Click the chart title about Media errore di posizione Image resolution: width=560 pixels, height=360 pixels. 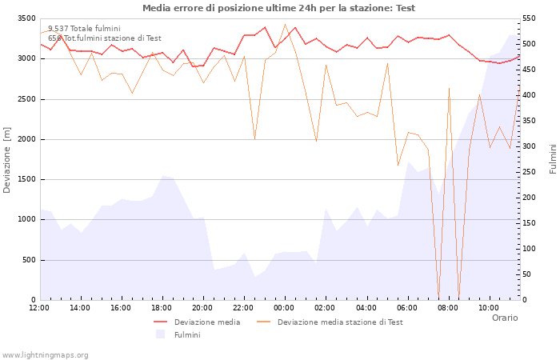[x=278, y=8]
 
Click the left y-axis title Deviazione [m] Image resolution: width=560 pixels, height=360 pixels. [x=7, y=159]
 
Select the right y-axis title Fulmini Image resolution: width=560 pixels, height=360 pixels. [x=552, y=159]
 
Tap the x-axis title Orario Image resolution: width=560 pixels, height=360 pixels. [x=504, y=318]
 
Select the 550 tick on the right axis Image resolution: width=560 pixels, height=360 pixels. [x=530, y=18]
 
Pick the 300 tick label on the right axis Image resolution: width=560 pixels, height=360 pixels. [x=530, y=146]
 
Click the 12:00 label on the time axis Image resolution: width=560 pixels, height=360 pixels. [x=39, y=307]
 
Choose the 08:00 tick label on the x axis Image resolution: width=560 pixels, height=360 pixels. [x=449, y=307]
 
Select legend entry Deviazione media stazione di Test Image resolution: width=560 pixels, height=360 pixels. [x=340, y=322]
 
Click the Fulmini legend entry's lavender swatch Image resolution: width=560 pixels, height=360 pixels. [x=161, y=334]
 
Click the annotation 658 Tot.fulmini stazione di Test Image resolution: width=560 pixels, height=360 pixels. [x=104, y=38]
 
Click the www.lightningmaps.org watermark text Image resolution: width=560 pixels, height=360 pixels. [x=46, y=354]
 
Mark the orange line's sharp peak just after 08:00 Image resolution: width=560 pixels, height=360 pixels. [x=449, y=88]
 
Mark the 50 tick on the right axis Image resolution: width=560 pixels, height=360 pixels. [x=528, y=274]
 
